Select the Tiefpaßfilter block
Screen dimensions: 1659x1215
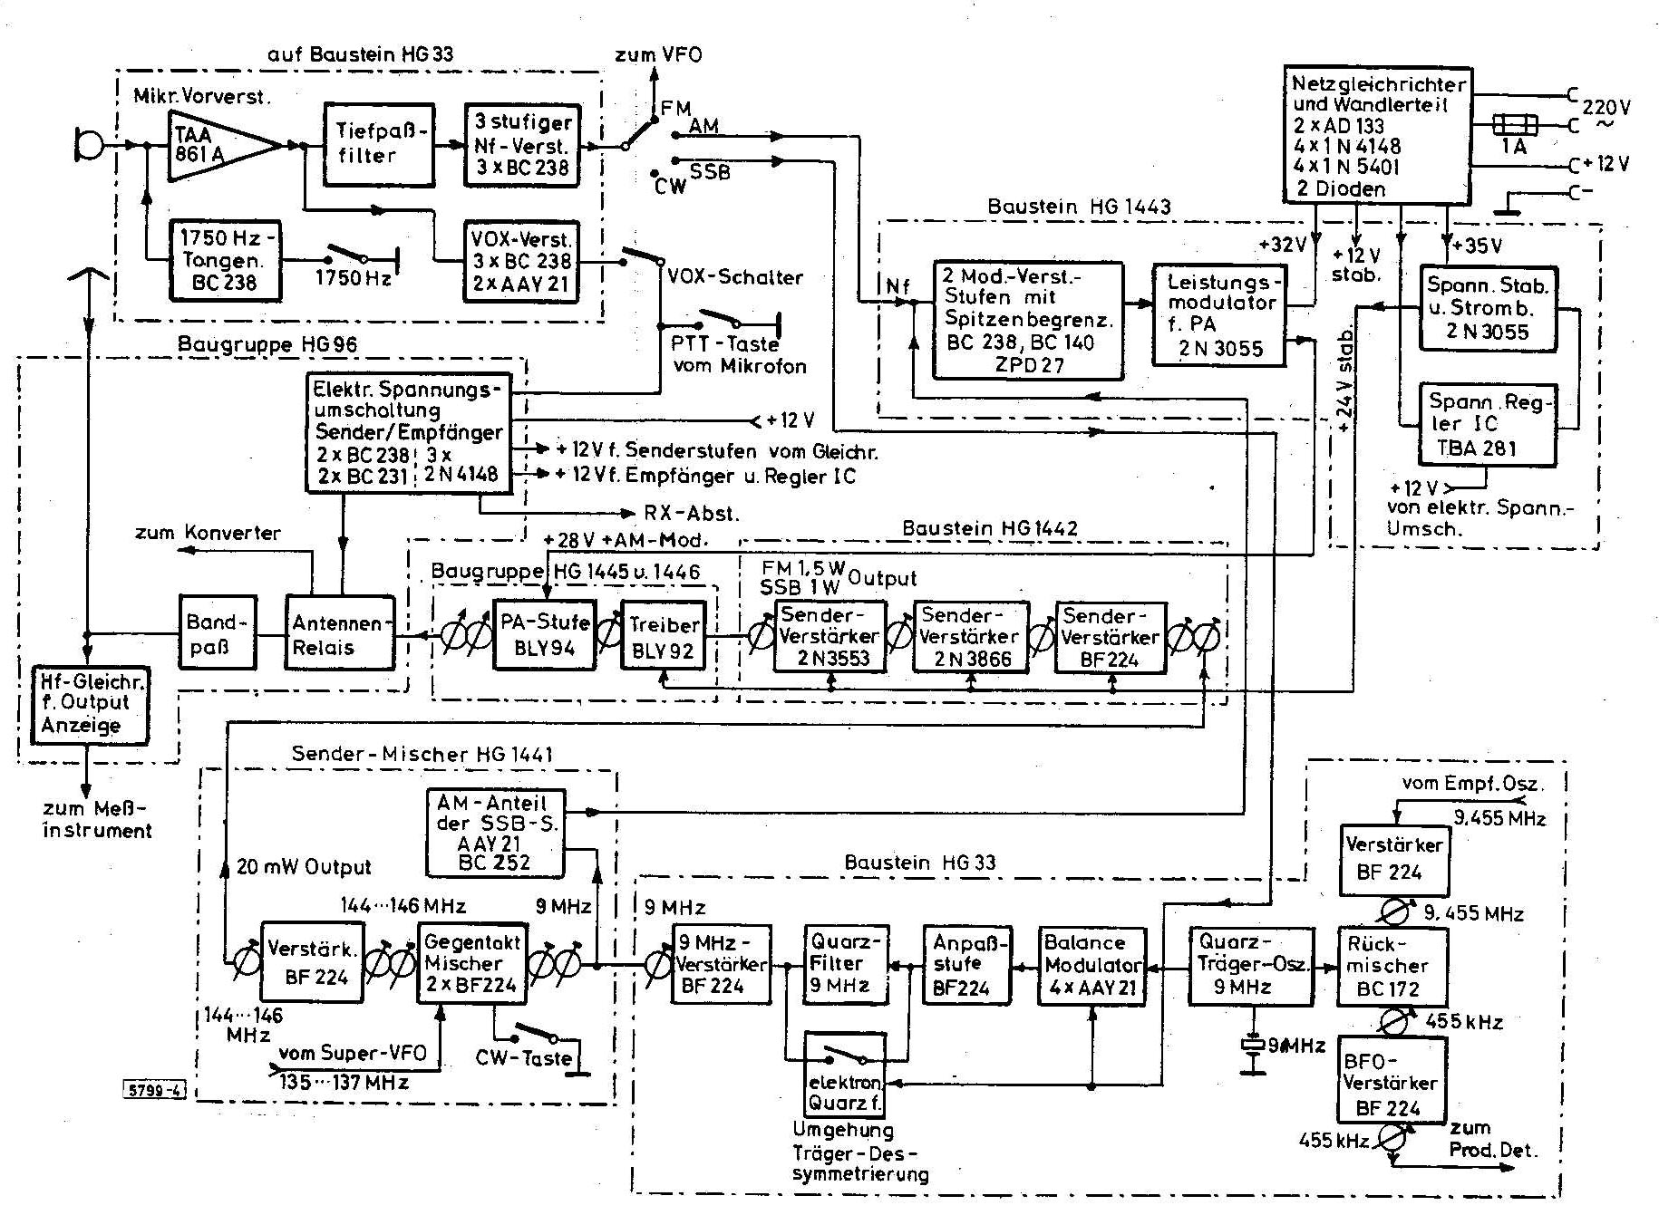(379, 144)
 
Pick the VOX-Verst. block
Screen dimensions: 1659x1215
(521, 261)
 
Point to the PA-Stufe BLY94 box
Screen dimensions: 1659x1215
(545, 634)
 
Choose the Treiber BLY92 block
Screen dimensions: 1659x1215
(664, 635)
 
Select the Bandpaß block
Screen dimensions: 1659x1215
(218, 632)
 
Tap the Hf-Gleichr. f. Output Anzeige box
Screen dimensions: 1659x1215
(89, 705)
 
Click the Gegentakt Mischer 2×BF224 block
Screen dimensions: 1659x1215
(471, 962)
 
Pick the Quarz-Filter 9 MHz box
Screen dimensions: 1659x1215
(845, 964)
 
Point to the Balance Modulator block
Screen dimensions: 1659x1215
(1091, 965)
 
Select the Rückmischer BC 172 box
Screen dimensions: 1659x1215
(1392, 966)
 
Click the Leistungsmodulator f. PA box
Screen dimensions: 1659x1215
(1219, 314)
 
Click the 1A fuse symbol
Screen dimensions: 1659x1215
(1513, 124)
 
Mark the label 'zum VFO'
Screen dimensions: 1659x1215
(658, 54)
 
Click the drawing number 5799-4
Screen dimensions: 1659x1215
(152, 1089)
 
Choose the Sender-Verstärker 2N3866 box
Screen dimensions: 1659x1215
(972, 637)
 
